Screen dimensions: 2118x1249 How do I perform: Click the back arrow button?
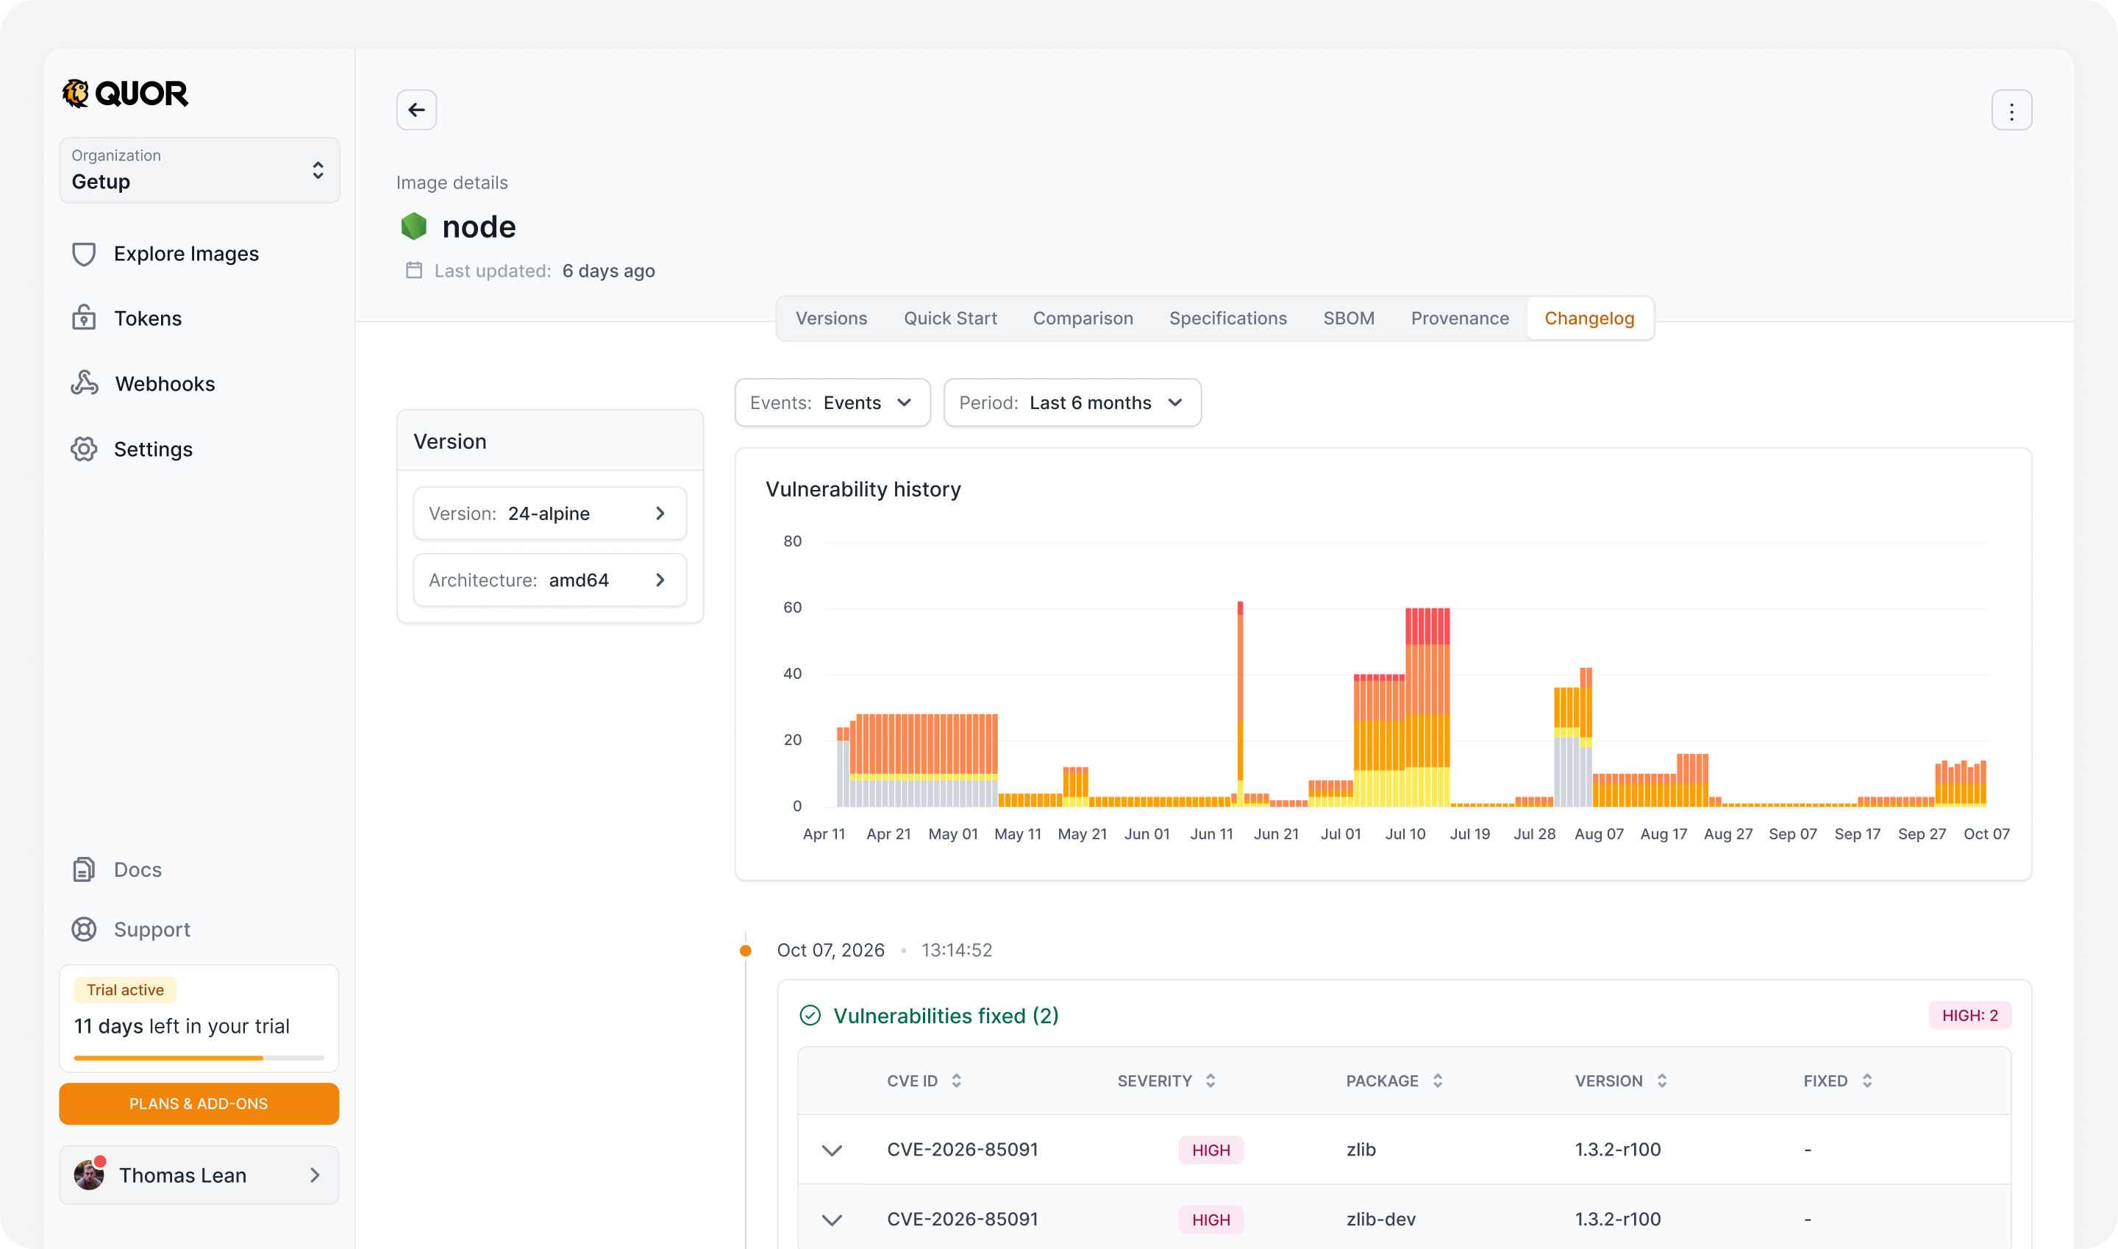[x=416, y=110]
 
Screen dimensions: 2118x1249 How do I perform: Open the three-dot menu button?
[x=2011, y=110]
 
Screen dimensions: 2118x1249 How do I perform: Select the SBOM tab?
[x=1348, y=319]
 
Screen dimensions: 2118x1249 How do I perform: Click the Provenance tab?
[x=1459, y=319]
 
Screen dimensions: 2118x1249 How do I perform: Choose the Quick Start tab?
[x=950, y=319]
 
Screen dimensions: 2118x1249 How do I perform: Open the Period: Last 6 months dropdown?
[x=1072, y=402]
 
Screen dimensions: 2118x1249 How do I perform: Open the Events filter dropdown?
[x=832, y=402]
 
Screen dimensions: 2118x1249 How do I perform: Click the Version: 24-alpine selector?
[x=549, y=513]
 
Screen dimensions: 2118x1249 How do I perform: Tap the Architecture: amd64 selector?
[x=549, y=580]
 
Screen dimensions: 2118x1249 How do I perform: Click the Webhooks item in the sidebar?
[x=143, y=384]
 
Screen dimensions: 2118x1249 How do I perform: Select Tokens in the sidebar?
[x=126, y=319]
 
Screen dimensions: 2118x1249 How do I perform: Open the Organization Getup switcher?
[x=199, y=170]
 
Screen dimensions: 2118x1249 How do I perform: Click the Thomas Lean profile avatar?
[x=89, y=1174]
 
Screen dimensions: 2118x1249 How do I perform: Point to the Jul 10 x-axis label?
[x=1405, y=834]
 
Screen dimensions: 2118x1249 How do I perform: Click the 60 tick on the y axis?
[x=792, y=608]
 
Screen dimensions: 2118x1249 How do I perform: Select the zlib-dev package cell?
[x=1380, y=1219]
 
